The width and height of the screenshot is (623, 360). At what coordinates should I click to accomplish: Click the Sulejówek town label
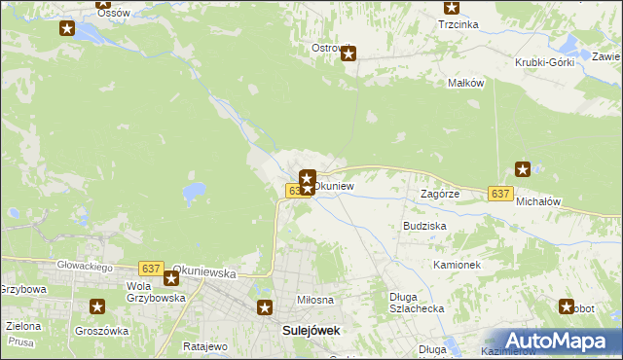pos(311,330)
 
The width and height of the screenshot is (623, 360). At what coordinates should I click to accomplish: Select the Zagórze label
pos(439,194)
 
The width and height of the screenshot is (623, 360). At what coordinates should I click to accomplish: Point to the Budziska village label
pos(424,225)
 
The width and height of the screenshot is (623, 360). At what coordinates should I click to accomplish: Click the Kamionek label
pos(458,265)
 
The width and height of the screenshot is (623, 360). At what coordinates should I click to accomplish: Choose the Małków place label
pos(465,84)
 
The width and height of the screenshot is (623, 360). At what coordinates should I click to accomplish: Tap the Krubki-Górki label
pos(545,62)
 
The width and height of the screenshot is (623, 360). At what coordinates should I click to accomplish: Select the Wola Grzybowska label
pos(156,292)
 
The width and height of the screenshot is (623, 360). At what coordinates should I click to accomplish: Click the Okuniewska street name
pos(204,274)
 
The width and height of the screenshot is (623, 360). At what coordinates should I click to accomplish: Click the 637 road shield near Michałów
pos(500,194)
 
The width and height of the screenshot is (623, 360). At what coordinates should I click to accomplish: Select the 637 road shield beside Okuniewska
pos(150,268)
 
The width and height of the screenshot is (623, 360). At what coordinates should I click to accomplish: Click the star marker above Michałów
pos(523,168)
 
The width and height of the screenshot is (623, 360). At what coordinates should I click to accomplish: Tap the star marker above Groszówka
pos(97,307)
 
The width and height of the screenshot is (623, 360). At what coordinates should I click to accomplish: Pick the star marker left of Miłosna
pos(264,308)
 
